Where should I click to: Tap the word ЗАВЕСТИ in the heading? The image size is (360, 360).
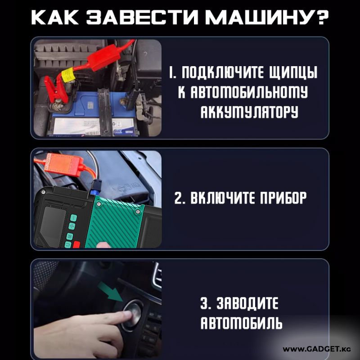point(142,18)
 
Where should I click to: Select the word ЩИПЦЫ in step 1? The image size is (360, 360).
point(293,72)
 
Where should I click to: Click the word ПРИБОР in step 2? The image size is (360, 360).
point(283,198)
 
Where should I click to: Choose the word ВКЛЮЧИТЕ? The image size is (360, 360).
point(223,198)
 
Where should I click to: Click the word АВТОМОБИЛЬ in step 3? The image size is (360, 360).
point(241,323)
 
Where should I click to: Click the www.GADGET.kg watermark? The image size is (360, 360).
point(317,349)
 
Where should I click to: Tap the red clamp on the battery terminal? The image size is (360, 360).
point(56,90)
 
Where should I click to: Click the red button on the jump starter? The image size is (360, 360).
point(76,245)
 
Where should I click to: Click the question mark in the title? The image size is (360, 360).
point(322,18)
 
